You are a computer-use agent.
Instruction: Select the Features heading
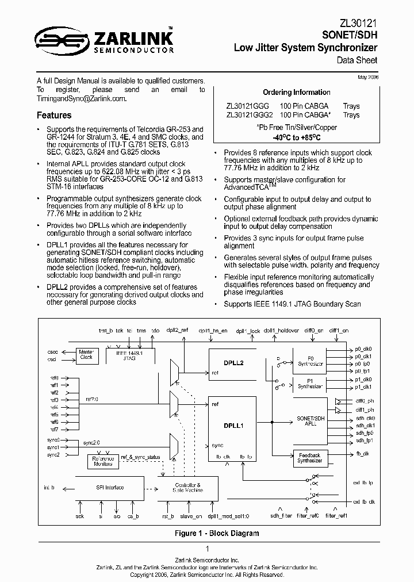pyautogui.click(x=54, y=115)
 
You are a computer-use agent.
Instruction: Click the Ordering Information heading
pyautogui.click(x=296, y=92)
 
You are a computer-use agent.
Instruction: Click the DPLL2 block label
pyautogui.click(x=233, y=363)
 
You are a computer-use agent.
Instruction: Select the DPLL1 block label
pyautogui.click(x=233, y=426)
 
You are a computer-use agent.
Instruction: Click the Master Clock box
pyautogui.click(x=86, y=354)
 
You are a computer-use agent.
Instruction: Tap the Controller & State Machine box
pyautogui.click(x=187, y=488)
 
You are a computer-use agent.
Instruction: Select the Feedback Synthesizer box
pyautogui.click(x=310, y=458)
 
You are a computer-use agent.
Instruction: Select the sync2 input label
pyautogui.click(x=53, y=454)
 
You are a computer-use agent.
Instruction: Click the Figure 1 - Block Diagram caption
pyautogui.click(x=217, y=533)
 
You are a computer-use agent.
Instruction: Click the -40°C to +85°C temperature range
pyautogui.click(x=296, y=138)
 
